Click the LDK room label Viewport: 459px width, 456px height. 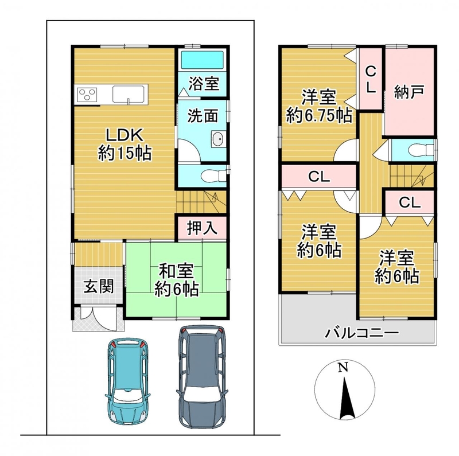[125, 145]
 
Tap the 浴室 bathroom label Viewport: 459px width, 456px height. [204, 83]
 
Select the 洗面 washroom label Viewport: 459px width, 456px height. [203, 116]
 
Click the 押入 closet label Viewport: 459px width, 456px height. [203, 228]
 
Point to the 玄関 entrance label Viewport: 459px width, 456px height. [99, 286]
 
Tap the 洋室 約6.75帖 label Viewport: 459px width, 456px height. [319, 106]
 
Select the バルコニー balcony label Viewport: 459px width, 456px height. [362, 333]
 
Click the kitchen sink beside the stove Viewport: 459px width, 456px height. [129, 94]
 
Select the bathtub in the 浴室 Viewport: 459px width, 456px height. [202, 60]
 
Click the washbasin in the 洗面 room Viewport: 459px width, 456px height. [218, 138]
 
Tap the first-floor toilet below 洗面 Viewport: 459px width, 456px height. [213, 176]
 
